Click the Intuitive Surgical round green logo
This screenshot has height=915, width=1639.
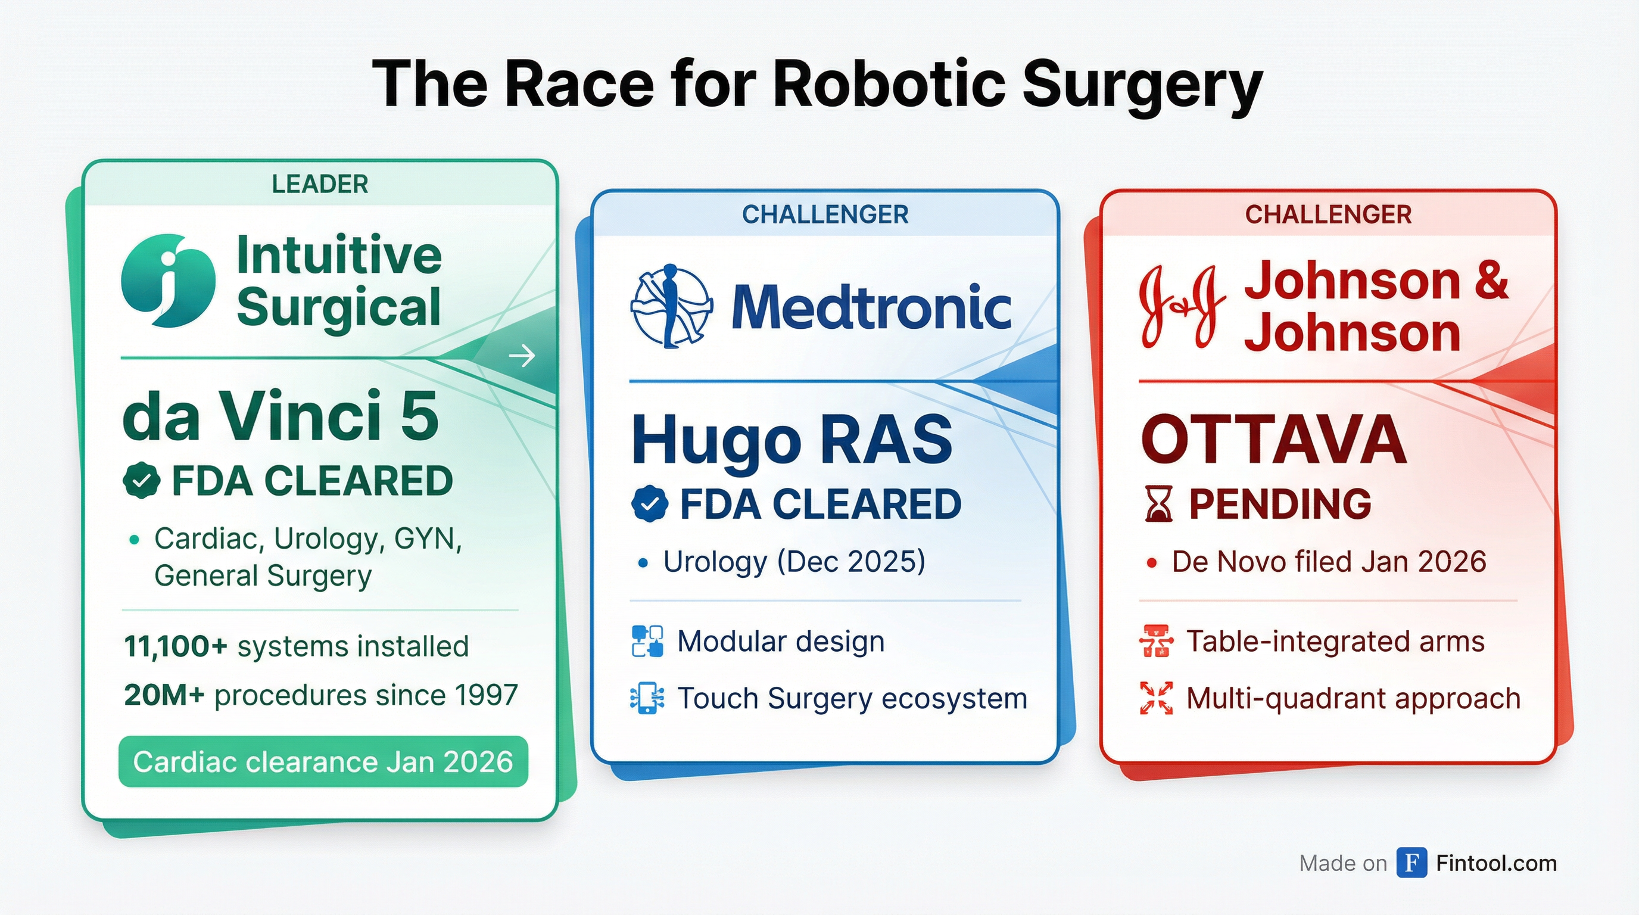[x=168, y=281]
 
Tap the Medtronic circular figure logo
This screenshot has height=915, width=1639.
[x=671, y=307]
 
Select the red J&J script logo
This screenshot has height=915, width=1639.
[x=1182, y=307]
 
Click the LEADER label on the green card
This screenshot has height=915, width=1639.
[x=320, y=184]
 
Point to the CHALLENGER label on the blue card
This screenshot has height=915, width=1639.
[x=825, y=214]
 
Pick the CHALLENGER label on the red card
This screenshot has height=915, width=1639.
[x=1329, y=214]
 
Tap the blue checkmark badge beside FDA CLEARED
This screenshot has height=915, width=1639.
[x=650, y=504]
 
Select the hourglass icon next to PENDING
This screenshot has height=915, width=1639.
[x=1158, y=504]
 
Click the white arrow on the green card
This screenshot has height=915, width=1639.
[x=522, y=356]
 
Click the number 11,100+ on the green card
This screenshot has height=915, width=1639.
[x=176, y=646]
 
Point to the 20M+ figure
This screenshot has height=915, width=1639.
[x=164, y=695]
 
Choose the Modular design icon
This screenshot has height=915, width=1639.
[x=647, y=641]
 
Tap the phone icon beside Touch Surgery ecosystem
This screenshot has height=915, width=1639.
[x=647, y=698]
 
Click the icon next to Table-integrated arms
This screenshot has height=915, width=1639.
[x=1156, y=641]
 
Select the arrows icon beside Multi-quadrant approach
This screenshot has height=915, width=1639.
[x=1156, y=698]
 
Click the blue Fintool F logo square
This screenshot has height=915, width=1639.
[x=1412, y=863]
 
